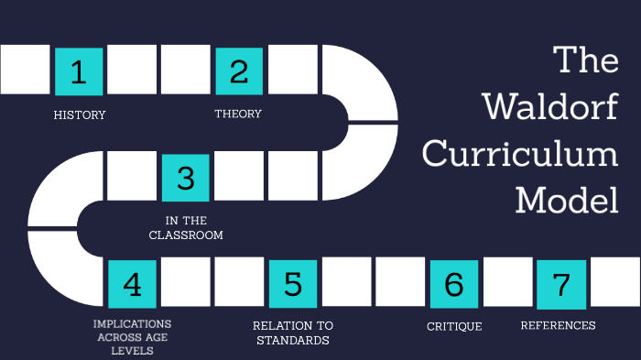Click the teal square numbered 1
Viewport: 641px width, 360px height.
coord(79,71)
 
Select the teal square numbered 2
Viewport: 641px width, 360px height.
coord(239,71)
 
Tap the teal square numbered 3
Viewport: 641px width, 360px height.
coord(186,178)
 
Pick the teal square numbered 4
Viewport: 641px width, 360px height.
coord(132,284)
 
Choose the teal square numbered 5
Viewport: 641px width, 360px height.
coord(293,284)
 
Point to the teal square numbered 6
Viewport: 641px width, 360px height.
coord(453,284)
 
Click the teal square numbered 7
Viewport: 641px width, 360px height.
coord(560,284)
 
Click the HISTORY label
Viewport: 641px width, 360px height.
coord(80,115)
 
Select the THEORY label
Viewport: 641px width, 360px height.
coord(238,114)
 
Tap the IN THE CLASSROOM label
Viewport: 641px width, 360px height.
coord(194,228)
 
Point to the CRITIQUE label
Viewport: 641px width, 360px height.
coord(454,326)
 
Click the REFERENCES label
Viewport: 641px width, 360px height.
coord(558,325)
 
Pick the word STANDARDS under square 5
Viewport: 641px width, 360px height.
coord(293,341)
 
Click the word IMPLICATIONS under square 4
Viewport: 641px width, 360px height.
coord(132,324)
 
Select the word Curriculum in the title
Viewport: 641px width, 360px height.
coord(520,153)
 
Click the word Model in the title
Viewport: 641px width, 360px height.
coord(567,199)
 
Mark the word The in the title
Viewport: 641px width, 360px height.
coord(587,61)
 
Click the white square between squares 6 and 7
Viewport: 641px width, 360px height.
coord(506,281)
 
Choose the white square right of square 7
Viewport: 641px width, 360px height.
coord(614,281)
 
